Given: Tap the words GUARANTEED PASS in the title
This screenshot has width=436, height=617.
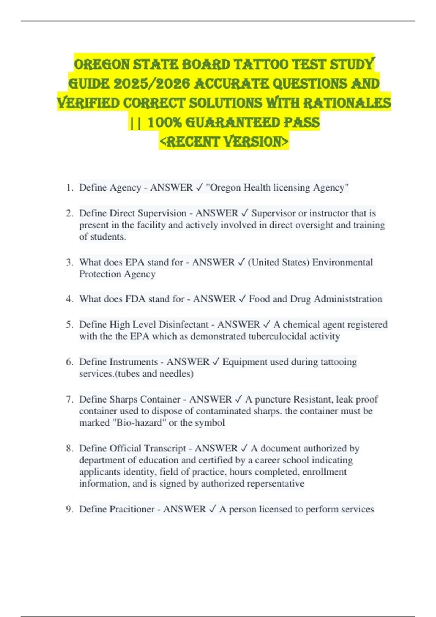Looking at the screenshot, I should point(252,123).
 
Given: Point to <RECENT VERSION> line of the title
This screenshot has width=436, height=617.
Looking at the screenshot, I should point(224,142).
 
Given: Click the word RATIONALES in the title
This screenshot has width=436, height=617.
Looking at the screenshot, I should point(347,103).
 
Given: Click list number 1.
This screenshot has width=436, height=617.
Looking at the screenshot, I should point(69,188).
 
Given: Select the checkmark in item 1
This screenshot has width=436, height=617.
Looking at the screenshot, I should point(199,188).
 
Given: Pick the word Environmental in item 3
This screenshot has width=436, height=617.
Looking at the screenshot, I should point(342,262).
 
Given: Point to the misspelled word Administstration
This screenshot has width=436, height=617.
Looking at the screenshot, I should point(348,299).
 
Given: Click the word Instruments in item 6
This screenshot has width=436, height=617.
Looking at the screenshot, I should point(134,362).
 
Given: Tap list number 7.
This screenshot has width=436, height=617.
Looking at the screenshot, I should point(69,399).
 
